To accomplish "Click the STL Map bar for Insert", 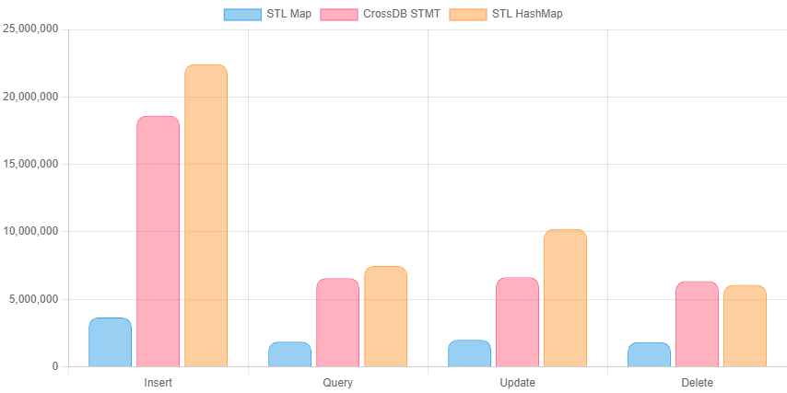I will coord(110,342).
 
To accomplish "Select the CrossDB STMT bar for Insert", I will coord(158,241).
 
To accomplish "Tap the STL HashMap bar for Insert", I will coord(206,215).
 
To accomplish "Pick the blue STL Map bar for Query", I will coord(289,354).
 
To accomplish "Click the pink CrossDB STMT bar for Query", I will coord(337,322).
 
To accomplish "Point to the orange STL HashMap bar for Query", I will coord(385,317).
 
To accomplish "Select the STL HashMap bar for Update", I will coord(565,297).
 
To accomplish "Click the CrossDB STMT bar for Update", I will coord(517,322).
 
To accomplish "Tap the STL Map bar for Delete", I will coord(649,354).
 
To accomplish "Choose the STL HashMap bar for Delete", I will coord(745,326).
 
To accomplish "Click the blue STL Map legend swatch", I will coord(241,14).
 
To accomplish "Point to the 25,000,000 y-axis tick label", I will coord(30,29).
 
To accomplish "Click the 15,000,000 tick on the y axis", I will coord(30,164).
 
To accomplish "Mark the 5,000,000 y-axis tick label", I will coord(34,299).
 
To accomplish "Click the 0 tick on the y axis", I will coord(54,366).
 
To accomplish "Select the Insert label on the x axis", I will coord(158,382).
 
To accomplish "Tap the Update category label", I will coord(517,382).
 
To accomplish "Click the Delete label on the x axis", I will coord(697,382).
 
